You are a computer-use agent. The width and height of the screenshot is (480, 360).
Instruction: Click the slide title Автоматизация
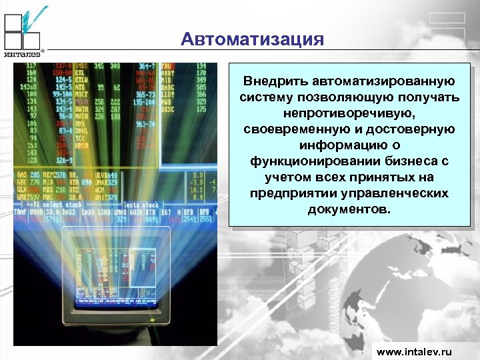252,39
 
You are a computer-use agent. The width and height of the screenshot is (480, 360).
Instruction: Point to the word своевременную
291,129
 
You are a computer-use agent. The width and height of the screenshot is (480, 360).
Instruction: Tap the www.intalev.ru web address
414,351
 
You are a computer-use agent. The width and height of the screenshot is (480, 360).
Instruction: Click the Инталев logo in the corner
23,31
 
